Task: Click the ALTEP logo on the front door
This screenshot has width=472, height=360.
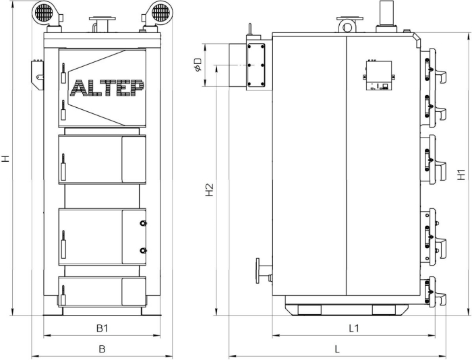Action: click(x=107, y=88)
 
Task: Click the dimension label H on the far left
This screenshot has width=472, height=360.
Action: click(x=5, y=158)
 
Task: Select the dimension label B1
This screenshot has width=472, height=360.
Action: click(x=102, y=328)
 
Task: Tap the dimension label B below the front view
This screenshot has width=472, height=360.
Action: click(x=102, y=349)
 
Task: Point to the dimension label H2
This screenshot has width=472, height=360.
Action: click(x=210, y=189)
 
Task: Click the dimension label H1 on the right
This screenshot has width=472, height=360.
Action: click(x=461, y=175)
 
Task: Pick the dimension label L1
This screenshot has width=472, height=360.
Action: click(x=354, y=328)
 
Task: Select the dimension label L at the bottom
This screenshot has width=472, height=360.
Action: click(x=337, y=349)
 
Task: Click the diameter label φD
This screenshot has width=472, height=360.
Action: click(x=198, y=65)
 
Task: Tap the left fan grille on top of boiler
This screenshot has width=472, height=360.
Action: click(x=43, y=12)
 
